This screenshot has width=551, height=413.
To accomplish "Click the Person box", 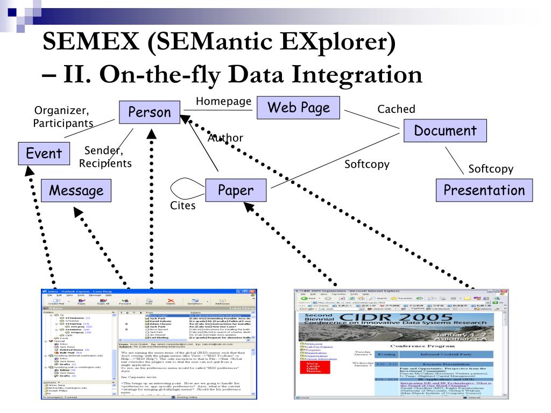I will click(150, 112).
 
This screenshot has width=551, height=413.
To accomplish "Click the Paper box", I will click(236, 190).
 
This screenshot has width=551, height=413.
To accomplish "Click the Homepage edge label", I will click(223, 101).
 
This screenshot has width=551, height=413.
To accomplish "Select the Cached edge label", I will click(397, 109).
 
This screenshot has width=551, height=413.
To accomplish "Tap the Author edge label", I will click(225, 138).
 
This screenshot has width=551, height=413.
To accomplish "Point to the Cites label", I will click(182, 206).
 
